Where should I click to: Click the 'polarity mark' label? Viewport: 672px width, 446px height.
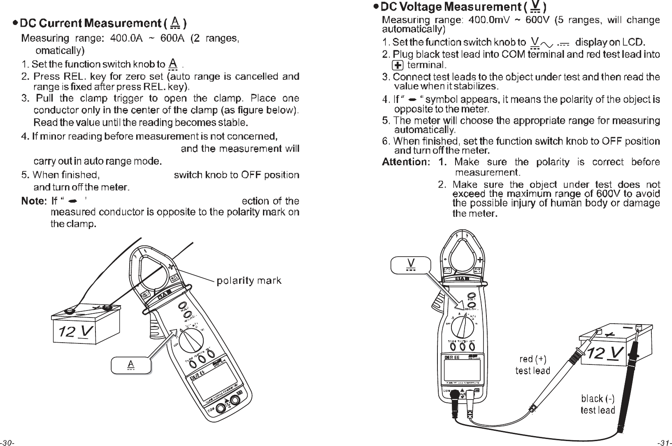(x=249, y=281)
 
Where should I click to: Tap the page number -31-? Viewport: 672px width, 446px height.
(x=664, y=443)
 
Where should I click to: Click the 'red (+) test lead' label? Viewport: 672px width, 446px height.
(x=532, y=365)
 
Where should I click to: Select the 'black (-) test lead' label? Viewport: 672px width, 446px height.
(x=598, y=404)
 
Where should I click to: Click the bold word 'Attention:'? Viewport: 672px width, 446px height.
(x=406, y=162)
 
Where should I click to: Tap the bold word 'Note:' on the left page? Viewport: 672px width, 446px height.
(x=33, y=201)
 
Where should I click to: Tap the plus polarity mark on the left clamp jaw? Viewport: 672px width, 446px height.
(x=170, y=266)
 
